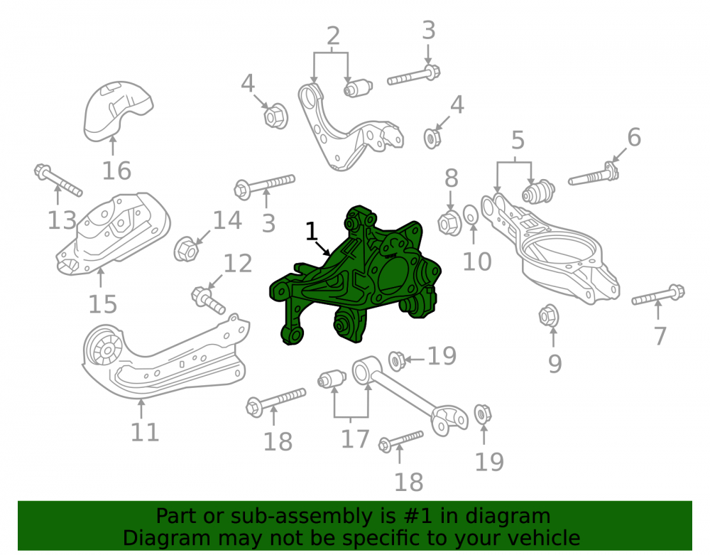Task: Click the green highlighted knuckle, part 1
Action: pos(358,276)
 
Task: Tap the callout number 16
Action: pos(117,171)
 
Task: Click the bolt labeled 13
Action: pos(58,180)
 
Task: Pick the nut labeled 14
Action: pos(186,249)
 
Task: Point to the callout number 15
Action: pos(103,304)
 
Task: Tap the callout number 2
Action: pos(333,36)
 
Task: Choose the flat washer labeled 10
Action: pos(471,215)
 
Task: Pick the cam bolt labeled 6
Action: pos(594,174)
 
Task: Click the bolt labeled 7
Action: pos(658,294)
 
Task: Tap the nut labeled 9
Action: pos(548,316)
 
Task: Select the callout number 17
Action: pos(355,438)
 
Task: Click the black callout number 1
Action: pos(312,231)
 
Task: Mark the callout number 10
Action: pos(477,262)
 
